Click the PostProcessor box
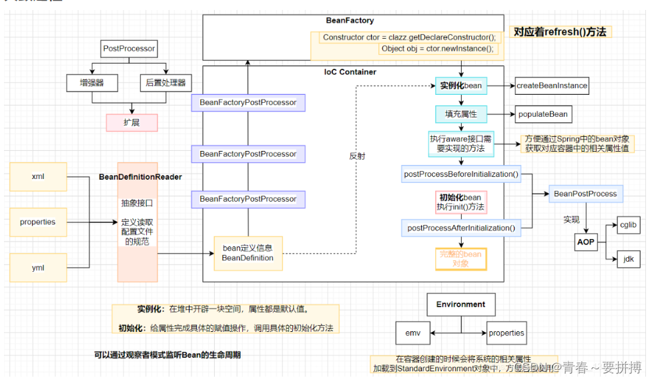129,49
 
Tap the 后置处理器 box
165,83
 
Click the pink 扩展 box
131,122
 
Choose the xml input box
38,177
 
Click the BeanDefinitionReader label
141,177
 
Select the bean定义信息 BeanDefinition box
248,253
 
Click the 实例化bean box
461,85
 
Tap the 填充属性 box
461,114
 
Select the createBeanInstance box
552,85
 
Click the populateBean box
543,114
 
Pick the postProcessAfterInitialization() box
461,228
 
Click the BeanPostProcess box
585,194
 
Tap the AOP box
585,242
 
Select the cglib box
627,225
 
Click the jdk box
627,258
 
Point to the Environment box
460,305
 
